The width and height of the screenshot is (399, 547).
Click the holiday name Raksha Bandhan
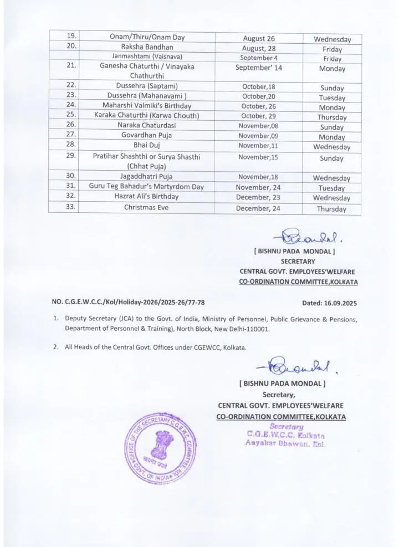[x=147, y=47]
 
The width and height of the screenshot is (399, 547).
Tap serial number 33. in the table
[x=71, y=208]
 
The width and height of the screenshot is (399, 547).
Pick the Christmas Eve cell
[x=146, y=208]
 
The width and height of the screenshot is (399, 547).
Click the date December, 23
[x=258, y=197]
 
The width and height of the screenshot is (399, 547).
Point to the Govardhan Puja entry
[x=147, y=135]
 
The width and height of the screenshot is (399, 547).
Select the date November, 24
[x=258, y=187]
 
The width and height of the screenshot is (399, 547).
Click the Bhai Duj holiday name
[x=146, y=145]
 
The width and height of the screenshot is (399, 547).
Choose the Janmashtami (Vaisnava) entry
[x=147, y=57]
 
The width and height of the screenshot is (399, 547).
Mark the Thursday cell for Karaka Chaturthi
[x=332, y=117]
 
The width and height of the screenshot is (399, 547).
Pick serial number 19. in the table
[x=71, y=37]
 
